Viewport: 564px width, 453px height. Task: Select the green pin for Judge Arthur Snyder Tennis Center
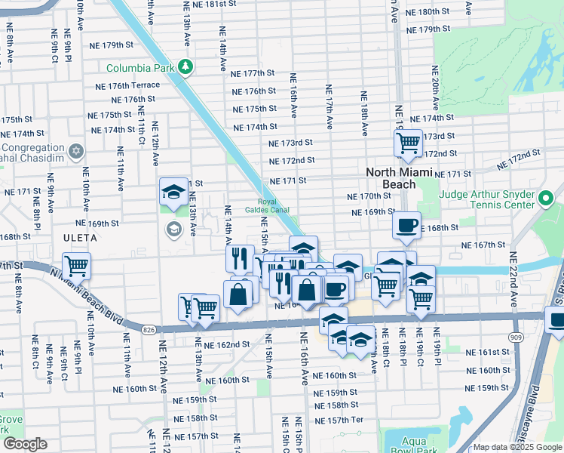[547, 199]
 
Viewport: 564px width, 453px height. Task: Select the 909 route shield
[516, 336]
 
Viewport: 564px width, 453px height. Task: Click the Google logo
[25, 444]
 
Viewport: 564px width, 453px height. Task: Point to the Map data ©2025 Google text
[517, 447]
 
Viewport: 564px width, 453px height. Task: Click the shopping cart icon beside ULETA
[76, 265]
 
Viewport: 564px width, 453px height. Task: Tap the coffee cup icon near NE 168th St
[406, 224]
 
